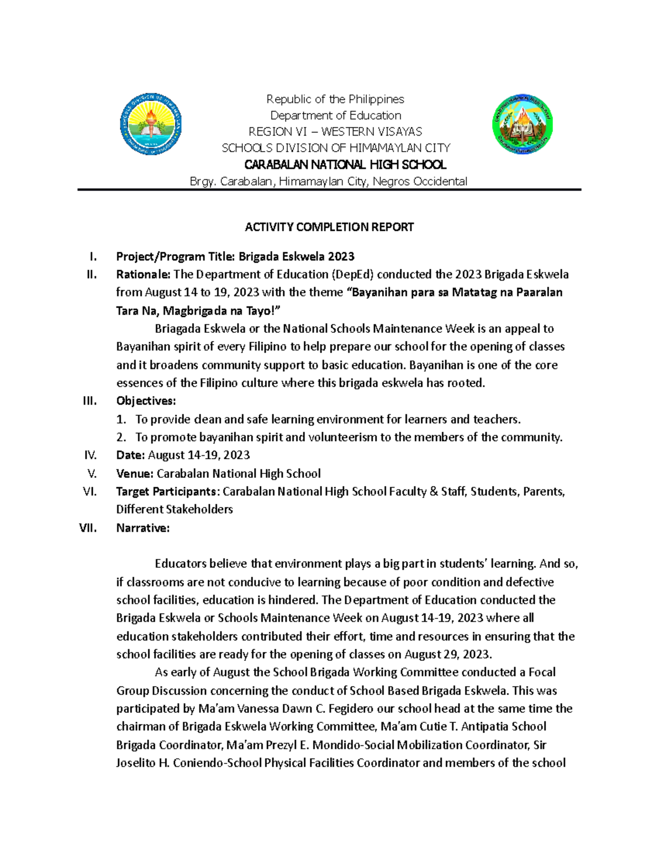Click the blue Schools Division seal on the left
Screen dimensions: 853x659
point(151,124)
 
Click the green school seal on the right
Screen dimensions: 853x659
point(522,124)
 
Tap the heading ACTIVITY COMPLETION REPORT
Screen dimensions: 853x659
point(329,227)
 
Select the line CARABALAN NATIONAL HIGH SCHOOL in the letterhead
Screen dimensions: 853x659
point(345,165)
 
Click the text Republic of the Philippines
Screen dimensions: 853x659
point(335,99)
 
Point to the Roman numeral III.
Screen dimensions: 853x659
point(90,401)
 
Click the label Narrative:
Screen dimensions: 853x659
point(143,528)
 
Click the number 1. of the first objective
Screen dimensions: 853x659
point(121,420)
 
